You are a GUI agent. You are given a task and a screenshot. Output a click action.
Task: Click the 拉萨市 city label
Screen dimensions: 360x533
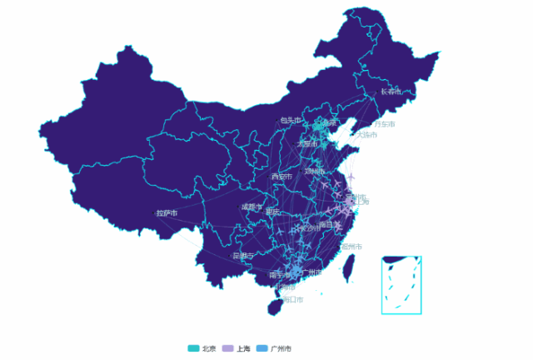coord(167,213)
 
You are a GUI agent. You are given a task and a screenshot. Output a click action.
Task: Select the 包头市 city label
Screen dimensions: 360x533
coord(291,120)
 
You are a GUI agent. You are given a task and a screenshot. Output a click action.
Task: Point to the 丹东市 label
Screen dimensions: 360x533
coord(384,124)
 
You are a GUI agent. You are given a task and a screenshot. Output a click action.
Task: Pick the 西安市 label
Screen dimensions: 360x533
coord(281,177)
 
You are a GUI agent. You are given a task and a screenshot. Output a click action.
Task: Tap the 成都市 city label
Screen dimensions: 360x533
coord(252,207)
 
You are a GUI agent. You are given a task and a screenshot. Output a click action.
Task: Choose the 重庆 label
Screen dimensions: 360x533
coord(273,212)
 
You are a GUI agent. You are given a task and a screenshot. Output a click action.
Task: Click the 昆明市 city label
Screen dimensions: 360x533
coord(244,255)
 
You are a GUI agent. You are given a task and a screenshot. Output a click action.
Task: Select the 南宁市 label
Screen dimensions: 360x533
coord(279,274)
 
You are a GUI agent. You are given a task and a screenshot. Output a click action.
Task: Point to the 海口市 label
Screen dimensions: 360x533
coord(292,299)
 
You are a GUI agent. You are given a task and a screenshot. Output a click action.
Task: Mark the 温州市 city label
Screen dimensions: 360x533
coord(351,247)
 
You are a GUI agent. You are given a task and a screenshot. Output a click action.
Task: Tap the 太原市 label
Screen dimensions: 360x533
coord(307,144)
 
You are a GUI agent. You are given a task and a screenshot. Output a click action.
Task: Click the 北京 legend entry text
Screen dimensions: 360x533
coord(209,348)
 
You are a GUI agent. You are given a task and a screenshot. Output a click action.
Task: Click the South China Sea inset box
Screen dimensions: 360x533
coord(401,284)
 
